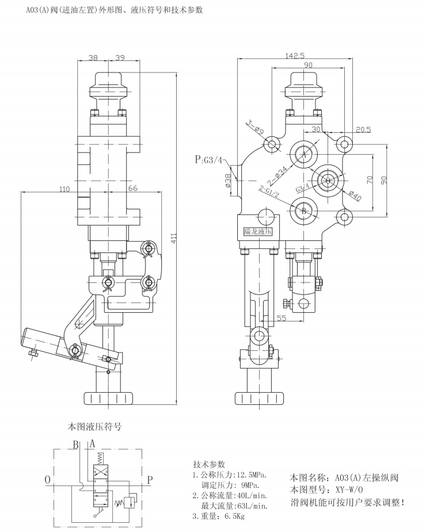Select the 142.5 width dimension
click(295, 56)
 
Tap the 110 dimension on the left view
click(64, 188)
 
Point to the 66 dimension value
click(132, 188)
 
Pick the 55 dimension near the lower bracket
click(281, 317)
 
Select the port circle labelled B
click(303, 211)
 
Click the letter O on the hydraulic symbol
click(47, 479)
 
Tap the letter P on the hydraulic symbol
click(150, 479)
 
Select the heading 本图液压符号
click(95, 427)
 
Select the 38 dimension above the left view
click(93, 58)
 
